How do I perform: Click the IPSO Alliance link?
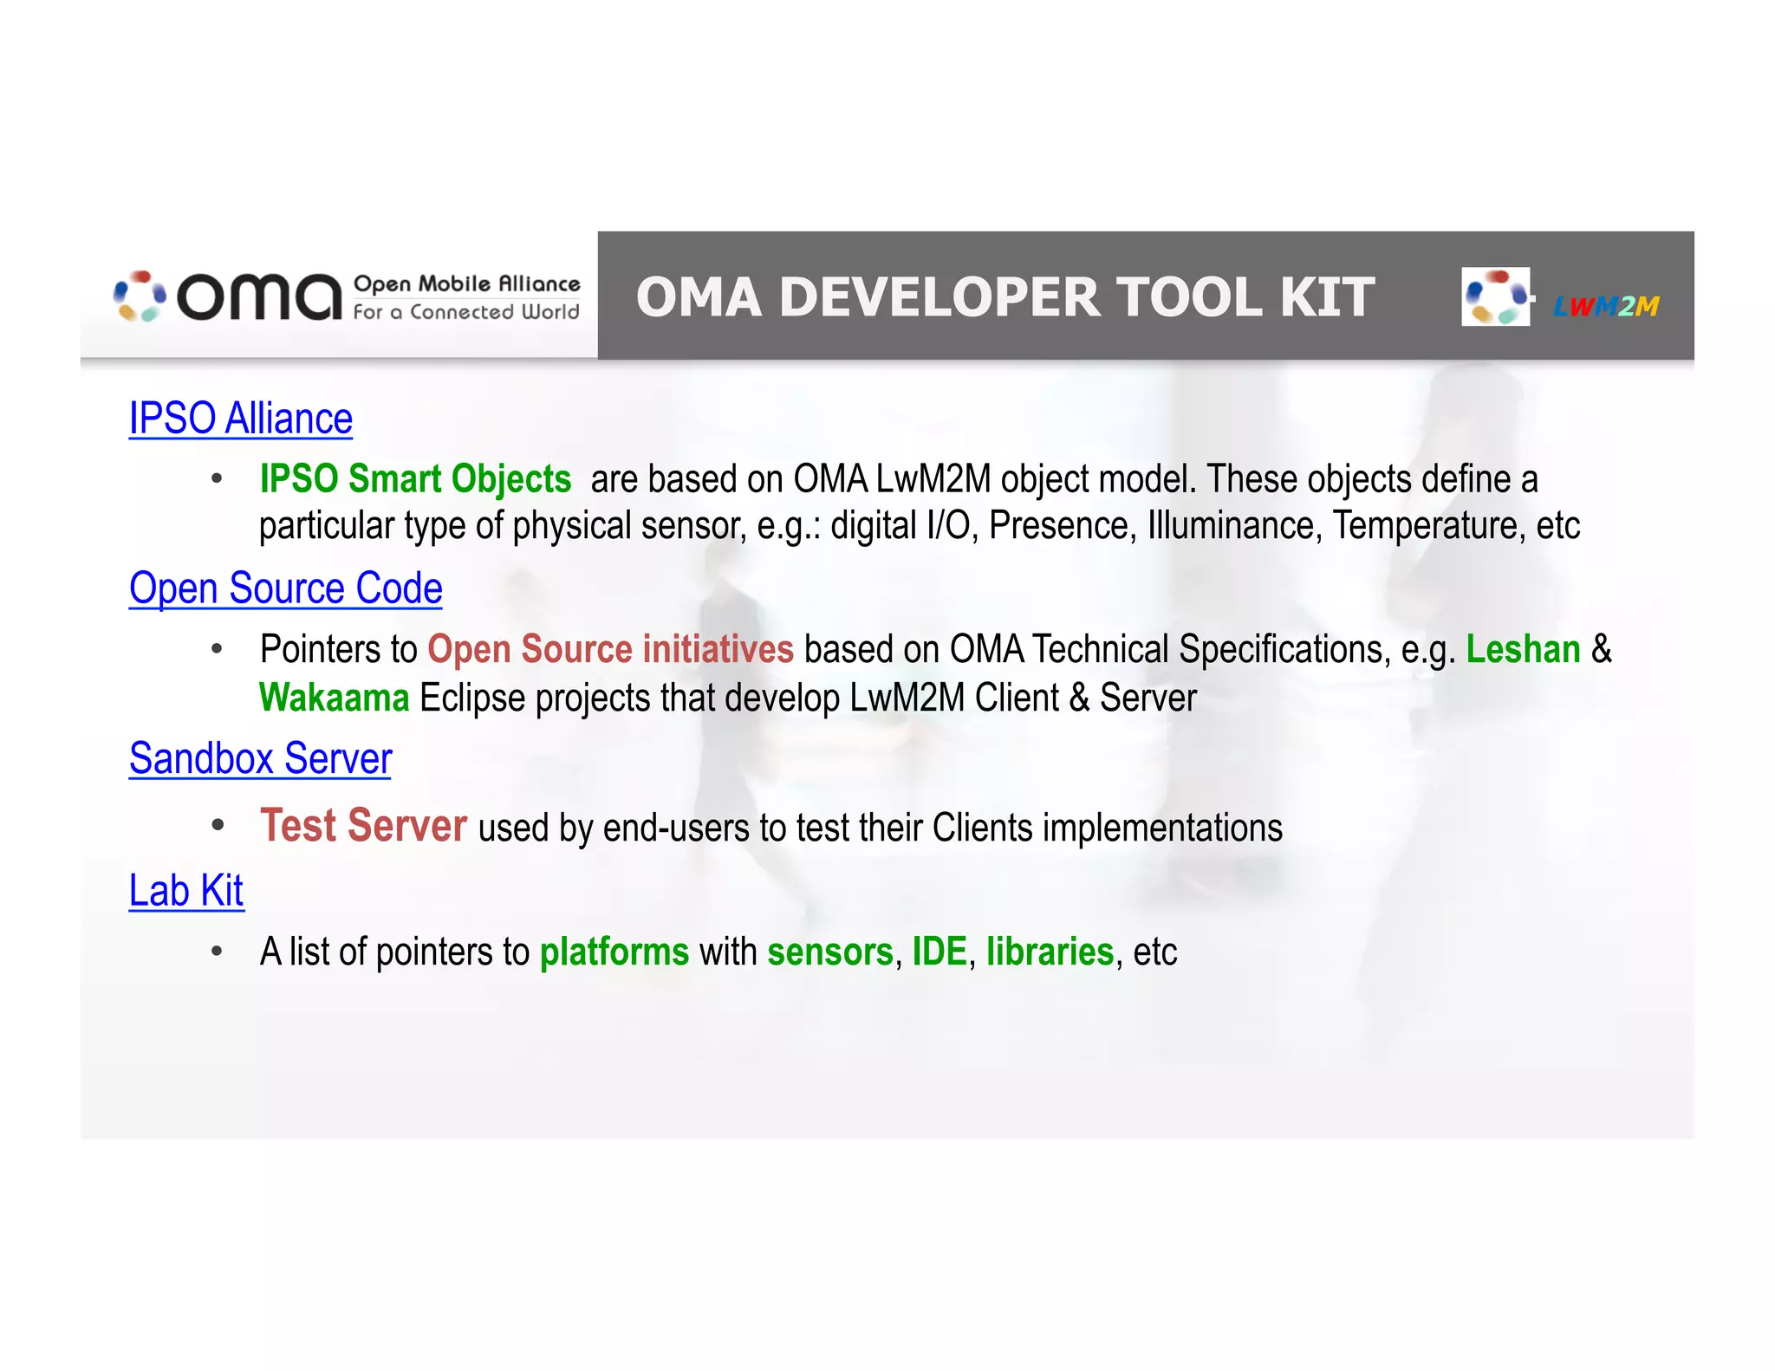click(x=240, y=419)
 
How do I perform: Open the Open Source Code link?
click(x=285, y=588)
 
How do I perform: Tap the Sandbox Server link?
click(x=260, y=758)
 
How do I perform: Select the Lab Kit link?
click(x=185, y=891)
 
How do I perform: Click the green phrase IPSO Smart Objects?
click(x=415, y=479)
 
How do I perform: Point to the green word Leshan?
click(x=1523, y=649)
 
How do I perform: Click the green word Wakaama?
click(x=334, y=698)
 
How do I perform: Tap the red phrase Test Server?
click(x=363, y=826)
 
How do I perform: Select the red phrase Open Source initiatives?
click(x=610, y=649)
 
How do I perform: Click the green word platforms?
click(x=614, y=952)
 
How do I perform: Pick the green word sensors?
click(x=829, y=952)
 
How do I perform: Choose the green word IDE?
click(x=939, y=952)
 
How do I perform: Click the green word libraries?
click(x=1050, y=952)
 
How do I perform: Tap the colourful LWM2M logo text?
click(x=1605, y=306)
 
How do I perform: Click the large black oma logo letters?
click(x=259, y=297)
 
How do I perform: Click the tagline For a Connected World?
click(x=465, y=312)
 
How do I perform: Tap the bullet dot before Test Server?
click(x=218, y=826)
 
